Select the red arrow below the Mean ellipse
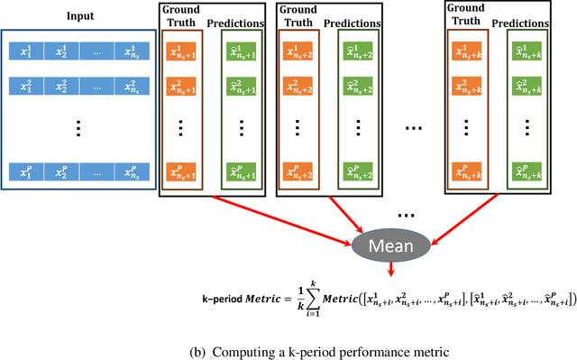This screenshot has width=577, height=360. click(390, 268)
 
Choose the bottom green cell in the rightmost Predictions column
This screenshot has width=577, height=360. click(527, 171)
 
